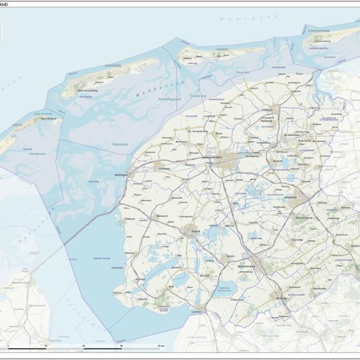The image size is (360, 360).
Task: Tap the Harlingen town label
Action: point(120,175)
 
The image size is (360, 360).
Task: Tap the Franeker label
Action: point(165,167)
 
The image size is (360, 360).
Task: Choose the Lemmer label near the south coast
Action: point(195,311)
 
